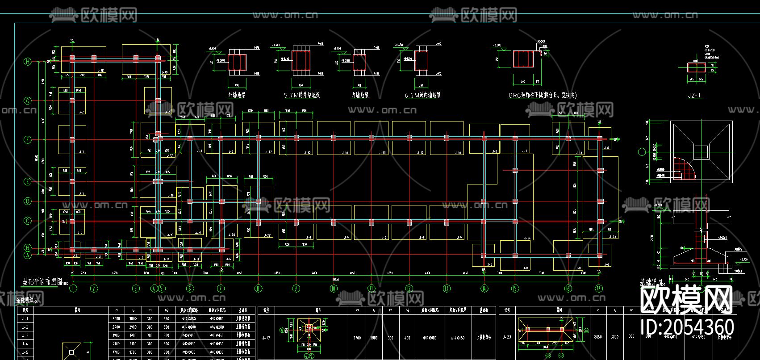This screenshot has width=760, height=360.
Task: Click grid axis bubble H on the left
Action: (28, 62)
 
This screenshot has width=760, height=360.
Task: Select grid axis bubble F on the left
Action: (28, 140)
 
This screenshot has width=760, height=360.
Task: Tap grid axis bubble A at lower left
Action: (28, 255)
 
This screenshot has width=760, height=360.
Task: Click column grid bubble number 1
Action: (73, 289)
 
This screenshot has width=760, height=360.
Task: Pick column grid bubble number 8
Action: (258, 289)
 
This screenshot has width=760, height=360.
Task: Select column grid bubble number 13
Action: (447, 289)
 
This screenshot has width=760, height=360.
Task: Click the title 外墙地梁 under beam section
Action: (237, 95)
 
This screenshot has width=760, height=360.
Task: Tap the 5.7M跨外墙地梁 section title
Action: (302, 95)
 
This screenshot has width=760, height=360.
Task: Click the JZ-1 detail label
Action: (694, 95)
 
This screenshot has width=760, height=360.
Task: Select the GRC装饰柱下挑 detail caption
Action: (542, 95)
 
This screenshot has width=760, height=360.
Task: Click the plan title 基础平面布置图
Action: (42, 281)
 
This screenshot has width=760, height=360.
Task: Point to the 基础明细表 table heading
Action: (28, 301)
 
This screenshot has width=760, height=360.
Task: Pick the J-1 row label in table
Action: (25, 319)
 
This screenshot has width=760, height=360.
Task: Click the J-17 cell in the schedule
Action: (267, 338)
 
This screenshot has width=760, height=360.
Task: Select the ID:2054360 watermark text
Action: (687, 327)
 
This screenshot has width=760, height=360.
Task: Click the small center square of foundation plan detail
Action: (701, 151)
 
